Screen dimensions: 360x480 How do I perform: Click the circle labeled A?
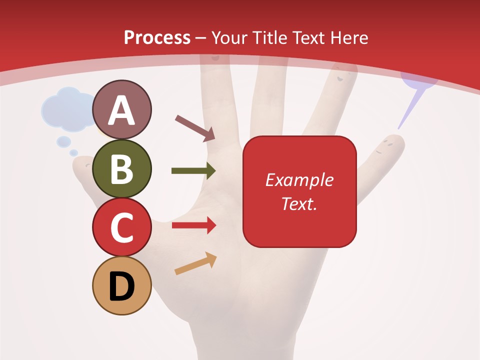point(121,109)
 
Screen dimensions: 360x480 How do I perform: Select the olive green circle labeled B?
point(121,168)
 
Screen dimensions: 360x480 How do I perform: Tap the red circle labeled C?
point(121,227)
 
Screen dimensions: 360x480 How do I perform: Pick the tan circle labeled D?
point(121,285)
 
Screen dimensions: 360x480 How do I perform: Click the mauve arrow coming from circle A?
point(195,127)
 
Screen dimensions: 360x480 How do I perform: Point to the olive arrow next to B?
point(193,171)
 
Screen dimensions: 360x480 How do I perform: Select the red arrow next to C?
point(193,225)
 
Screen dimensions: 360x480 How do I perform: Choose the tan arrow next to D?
point(195,263)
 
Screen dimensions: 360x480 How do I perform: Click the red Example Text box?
point(299,191)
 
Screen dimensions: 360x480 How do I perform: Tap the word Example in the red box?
point(299,180)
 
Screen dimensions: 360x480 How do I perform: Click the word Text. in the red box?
point(299,203)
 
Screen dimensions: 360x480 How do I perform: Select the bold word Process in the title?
point(157,37)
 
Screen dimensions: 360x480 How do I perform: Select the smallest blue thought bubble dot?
point(74,152)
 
